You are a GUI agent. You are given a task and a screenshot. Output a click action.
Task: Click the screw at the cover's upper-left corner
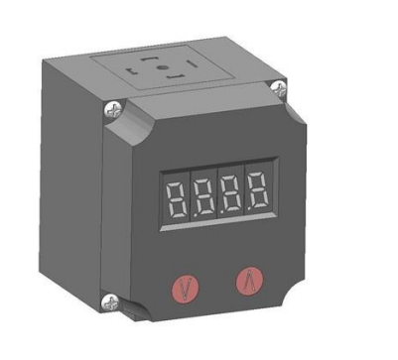114,110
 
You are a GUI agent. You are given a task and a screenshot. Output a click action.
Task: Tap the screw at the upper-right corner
279,88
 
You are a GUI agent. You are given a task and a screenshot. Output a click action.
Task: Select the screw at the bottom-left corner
110,302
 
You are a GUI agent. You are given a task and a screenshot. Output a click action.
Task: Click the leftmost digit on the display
177,198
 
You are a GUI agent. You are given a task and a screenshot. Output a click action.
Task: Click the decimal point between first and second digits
195,215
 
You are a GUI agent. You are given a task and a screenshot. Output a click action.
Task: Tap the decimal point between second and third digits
222,211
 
